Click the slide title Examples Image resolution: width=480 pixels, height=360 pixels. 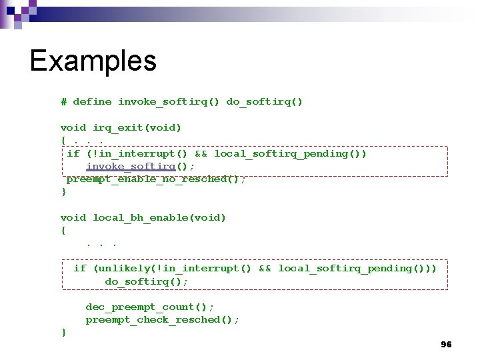(x=93, y=61)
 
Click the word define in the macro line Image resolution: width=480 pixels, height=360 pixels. (x=92, y=102)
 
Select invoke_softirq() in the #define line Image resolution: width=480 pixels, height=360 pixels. (x=169, y=102)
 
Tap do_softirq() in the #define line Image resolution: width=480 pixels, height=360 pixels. (x=265, y=102)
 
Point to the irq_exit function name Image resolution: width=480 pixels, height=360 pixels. (x=118, y=127)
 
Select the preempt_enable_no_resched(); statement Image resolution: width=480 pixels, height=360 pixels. (x=156, y=179)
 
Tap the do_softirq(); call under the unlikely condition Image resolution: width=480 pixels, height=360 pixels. (x=147, y=281)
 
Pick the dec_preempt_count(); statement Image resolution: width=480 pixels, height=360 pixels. (x=150, y=307)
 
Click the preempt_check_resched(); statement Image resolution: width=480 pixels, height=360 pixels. (x=163, y=320)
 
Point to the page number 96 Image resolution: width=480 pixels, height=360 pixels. (x=446, y=345)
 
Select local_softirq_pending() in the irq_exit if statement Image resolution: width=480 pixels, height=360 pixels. (x=291, y=153)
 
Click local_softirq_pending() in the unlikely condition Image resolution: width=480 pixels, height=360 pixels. (x=355, y=269)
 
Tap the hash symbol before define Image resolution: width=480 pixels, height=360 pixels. (x=63, y=102)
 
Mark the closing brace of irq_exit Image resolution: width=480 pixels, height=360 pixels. (x=63, y=192)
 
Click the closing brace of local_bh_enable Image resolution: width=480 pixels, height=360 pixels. (x=63, y=332)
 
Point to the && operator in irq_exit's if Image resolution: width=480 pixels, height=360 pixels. (x=201, y=153)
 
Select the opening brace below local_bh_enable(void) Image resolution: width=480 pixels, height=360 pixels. (x=63, y=231)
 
